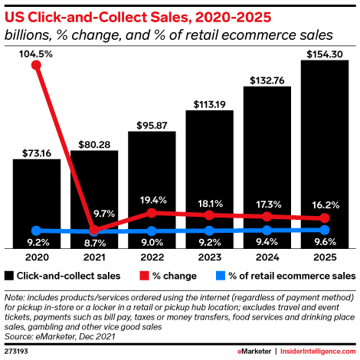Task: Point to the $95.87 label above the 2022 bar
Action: pos(152,125)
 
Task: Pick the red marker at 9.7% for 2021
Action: pos(94,230)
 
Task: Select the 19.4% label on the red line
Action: pos(152,199)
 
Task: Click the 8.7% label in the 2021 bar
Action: pos(94,243)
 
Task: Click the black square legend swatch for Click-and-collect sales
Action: pos(9,275)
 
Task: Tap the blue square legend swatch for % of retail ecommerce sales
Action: pos(220,275)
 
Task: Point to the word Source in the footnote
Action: pos(19,334)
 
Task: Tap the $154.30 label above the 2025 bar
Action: pos(325,53)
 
